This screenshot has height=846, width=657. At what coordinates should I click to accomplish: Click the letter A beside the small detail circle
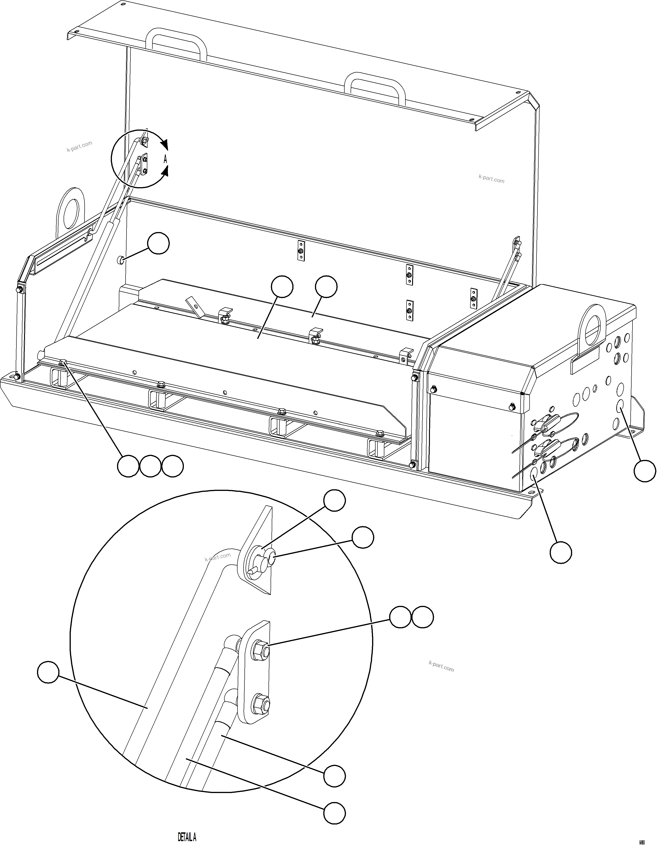coord(165,159)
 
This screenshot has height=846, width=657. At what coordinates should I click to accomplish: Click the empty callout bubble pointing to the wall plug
coord(159,244)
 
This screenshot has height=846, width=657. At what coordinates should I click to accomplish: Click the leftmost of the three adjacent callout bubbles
coord(128,466)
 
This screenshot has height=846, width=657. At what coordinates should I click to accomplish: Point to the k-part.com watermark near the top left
coord(79,146)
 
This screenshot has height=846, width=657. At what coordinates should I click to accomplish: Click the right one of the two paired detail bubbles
coord(422,617)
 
